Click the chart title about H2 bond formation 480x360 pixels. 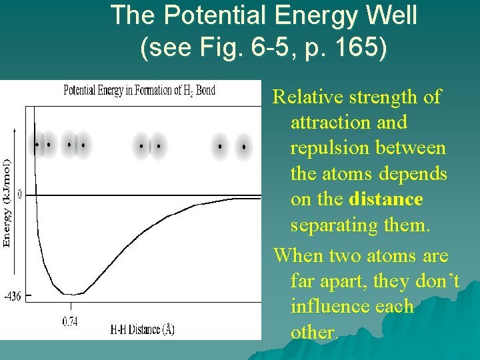(139, 90)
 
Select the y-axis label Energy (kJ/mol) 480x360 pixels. (7, 203)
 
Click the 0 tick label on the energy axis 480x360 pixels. (19, 195)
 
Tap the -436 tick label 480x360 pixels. (12, 296)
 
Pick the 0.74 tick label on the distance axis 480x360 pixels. (70, 321)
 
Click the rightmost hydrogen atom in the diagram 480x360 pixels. (245, 146)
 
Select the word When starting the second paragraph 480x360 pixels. (297, 255)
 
